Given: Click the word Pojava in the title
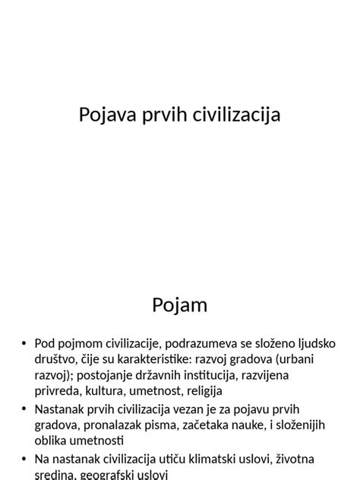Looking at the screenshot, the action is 105,115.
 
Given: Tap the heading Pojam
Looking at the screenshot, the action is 179,305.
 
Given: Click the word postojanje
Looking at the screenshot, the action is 103,375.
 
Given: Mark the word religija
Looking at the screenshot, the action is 200,391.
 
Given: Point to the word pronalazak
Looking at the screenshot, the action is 118,425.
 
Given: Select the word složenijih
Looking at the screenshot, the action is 298,425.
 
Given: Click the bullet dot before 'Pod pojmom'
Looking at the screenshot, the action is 24,344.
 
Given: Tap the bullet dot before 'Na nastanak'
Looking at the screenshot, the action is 24,459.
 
